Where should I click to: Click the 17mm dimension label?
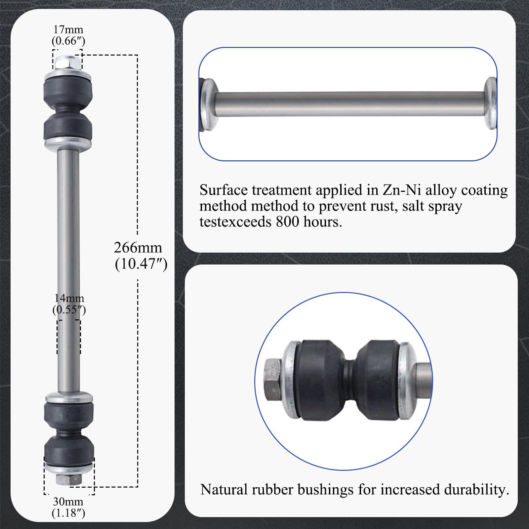pyautogui.click(x=68, y=30)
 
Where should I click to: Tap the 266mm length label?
pyautogui.click(x=138, y=248)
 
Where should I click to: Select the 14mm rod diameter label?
pyautogui.click(x=69, y=298)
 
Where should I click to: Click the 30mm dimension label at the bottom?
pyautogui.click(x=68, y=502)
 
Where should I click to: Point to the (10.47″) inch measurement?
pyautogui.click(x=141, y=264)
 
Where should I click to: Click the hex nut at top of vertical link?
pyautogui.click(x=68, y=63)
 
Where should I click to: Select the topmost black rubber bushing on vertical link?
pyautogui.click(x=68, y=92)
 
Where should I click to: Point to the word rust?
pyautogui.click(x=381, y=206)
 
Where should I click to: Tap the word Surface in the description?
pyautogui.click(x=223, y=190)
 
